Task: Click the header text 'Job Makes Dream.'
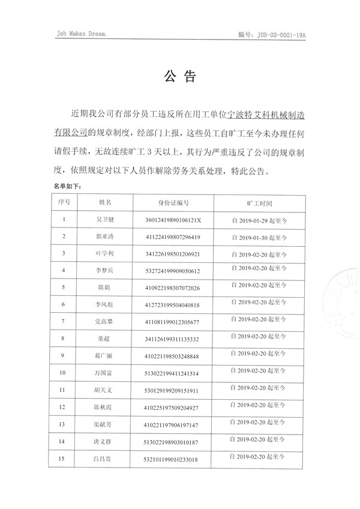[x=80, y=35]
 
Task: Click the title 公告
[x=179, y=77]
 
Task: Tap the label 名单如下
[x=67, y=186]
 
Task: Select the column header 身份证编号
[x=173, y=203]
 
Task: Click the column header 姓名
[x=104, y=203]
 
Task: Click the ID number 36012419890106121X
[x=173, y=220]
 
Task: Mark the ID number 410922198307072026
[x=173, y=288]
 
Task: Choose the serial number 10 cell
[x=64, y=373]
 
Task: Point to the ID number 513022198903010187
[x=173, y=442]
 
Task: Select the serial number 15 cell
[x=64, y=459]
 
